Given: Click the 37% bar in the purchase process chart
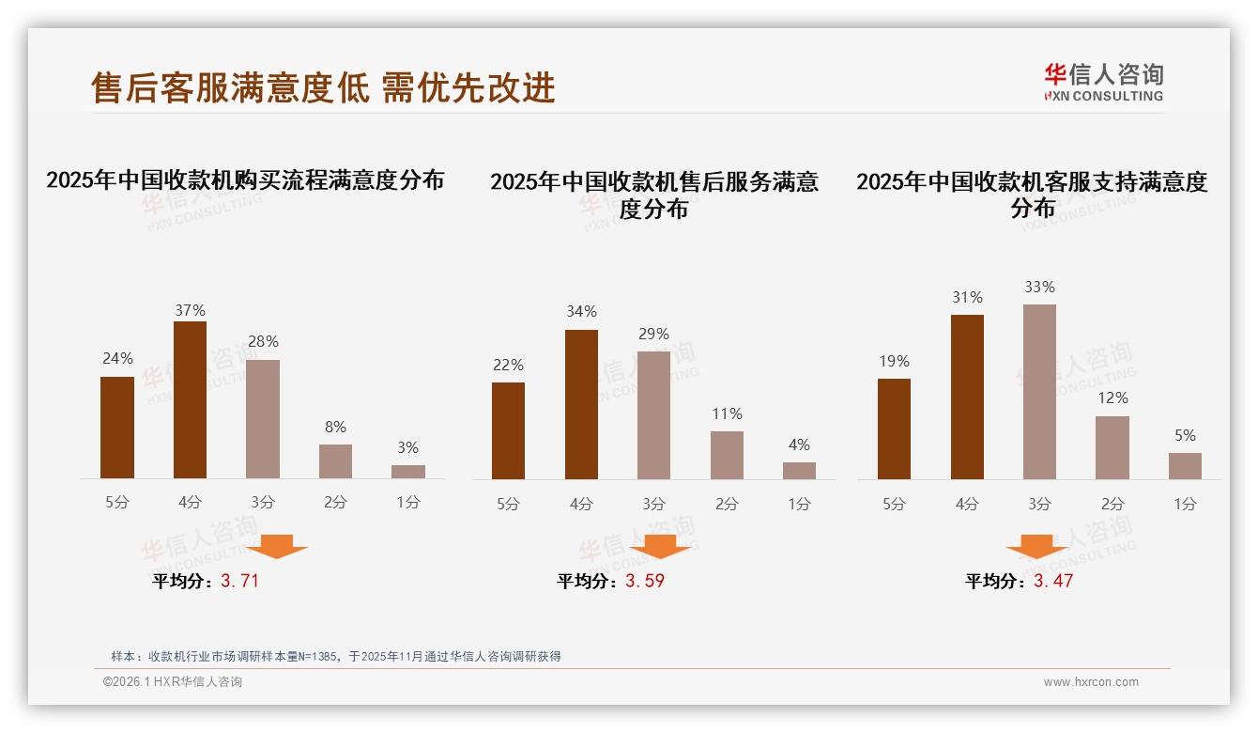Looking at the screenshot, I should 190,400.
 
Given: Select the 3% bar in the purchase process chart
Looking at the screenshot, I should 408,472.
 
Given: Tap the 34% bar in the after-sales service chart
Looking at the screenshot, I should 581,404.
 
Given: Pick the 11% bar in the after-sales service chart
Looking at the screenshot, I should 727,455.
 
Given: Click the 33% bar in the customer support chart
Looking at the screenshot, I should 1039,392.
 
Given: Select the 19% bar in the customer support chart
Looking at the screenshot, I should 894,429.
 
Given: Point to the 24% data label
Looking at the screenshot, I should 117,358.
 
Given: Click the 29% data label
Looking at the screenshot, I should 653,334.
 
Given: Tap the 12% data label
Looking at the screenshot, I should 1112,398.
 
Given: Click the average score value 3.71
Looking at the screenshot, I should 239,581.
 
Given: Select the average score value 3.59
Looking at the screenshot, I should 645,581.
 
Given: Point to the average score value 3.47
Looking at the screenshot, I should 1053,581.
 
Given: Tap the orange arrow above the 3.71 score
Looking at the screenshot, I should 276,546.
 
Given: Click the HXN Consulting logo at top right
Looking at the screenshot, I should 1103,82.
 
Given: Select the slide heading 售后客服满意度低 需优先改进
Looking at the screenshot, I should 323,87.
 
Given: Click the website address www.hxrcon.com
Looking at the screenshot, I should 1091,682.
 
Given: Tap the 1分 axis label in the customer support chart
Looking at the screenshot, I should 1185,504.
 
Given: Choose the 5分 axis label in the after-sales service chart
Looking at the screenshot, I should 508,504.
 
